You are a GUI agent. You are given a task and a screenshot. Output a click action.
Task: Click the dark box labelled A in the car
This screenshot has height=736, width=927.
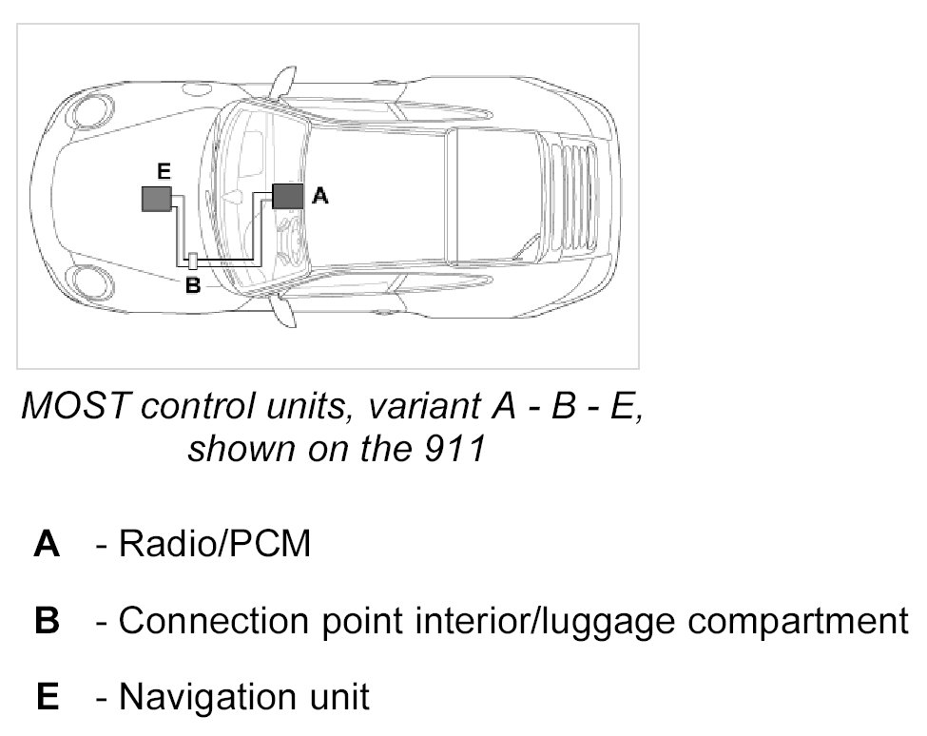pos(288,196)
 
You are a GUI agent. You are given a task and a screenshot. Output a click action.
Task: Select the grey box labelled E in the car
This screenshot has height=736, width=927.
pos(156,199)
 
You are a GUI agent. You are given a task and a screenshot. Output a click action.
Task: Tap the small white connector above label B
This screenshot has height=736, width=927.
pos(192,261)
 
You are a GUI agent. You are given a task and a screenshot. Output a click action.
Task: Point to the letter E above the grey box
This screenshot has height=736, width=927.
pos(163,171)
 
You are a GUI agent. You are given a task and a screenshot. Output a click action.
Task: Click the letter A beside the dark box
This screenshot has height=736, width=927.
pos(320,196)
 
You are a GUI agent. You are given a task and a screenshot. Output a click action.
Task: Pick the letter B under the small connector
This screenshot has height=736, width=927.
pos(191,283)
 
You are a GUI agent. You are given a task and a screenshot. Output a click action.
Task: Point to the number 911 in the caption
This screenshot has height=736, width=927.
pos(455,447)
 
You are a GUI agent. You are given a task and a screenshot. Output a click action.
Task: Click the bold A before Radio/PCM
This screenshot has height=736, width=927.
pos(47,546)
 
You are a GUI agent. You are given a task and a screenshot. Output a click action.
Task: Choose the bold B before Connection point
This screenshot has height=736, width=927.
pos(47,622)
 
